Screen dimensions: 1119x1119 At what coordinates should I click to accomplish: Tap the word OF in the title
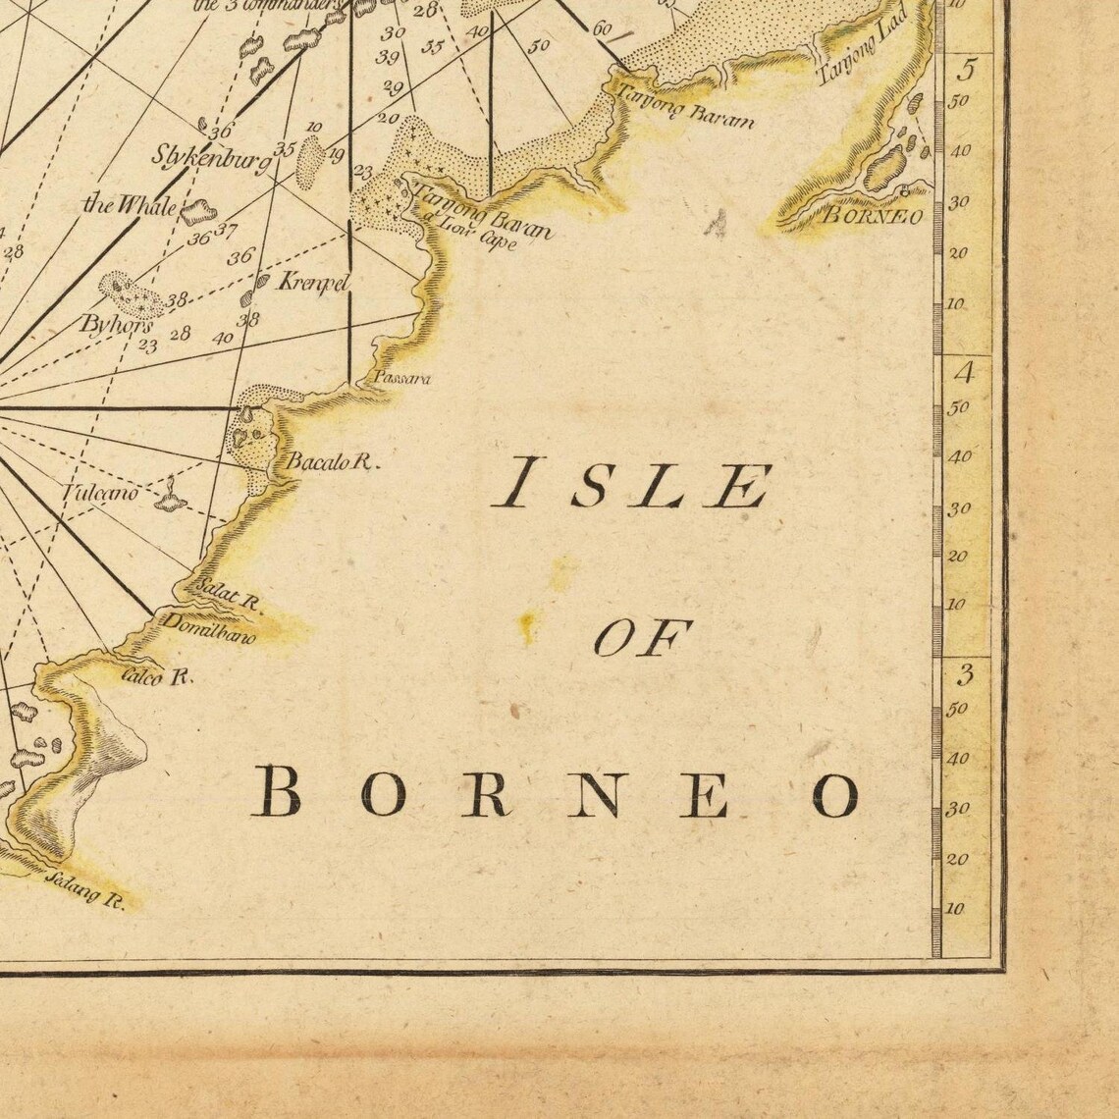coord(643,639)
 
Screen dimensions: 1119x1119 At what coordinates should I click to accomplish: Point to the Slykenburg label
coord(210,158)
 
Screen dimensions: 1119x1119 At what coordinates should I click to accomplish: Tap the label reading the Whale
coord(130,204)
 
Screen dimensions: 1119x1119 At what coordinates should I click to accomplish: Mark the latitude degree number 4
coord(967,373)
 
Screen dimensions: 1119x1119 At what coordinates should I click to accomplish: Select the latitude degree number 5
coord(968,71)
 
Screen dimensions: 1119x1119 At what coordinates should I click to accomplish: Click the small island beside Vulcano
coord(171,499)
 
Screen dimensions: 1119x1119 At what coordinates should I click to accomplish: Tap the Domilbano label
coord(208,628)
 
